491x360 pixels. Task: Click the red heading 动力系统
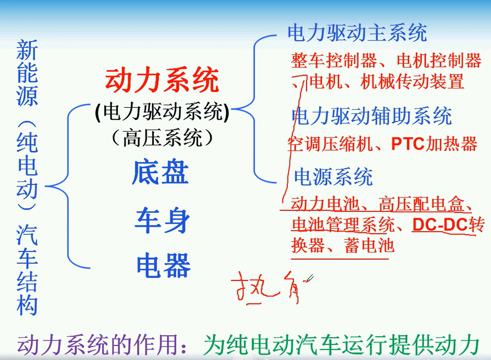[x=162, y=80]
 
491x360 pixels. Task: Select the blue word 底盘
[x=160, y=172]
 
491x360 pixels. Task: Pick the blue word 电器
[x=163, y=266]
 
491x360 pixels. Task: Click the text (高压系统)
[x=162, y=138]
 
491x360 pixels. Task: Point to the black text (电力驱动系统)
[x=162, y=111]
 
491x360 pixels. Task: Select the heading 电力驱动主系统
[x=357, y=33]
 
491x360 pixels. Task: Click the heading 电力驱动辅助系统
[x=372, y=116]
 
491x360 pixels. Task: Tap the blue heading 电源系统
[x=333, y=177]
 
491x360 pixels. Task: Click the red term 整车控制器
[x=334, y=60]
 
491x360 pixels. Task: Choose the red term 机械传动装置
[x=412, y=82]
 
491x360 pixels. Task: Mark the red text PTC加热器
[x=434, y=144]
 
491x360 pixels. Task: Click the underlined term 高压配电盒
[x=422, y=204]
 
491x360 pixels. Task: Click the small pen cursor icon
[x=309, y=278]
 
